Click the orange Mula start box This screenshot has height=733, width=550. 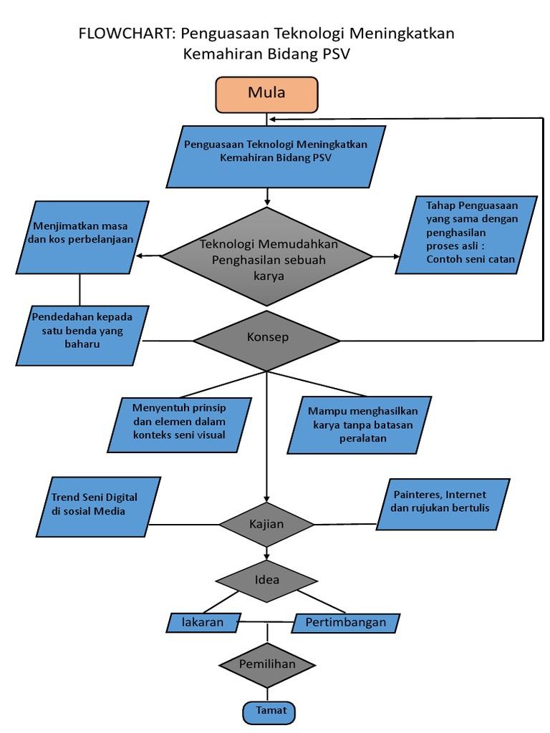tap(266, 93)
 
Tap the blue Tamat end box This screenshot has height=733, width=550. tap(268, 711)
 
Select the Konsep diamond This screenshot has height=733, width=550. tap(267, 337)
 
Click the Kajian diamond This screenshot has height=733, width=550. tap(267, 525)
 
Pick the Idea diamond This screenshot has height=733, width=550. tap(267, 579)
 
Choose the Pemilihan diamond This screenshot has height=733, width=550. tap(267, 664)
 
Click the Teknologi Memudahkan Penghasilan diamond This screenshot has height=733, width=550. tap(267, 257)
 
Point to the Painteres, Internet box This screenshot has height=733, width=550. tap(442, 504)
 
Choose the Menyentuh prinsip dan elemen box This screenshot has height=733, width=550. tap(179, 424)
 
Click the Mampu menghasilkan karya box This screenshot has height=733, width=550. tap(363, 424)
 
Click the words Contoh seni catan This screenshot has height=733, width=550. tap(471, 259)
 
